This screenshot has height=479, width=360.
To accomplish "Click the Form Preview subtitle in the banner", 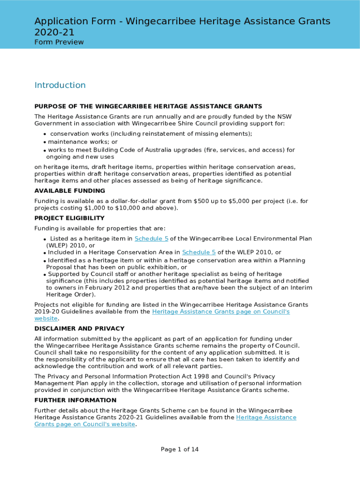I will tap(59, 42).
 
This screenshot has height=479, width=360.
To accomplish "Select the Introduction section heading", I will tap(60, 85).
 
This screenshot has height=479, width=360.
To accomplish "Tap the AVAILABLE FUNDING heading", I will tap(70, 191).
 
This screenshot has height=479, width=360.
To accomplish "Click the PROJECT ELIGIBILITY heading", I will tap(69, 218).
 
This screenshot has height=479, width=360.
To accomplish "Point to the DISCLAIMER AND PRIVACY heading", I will tap(79, 328).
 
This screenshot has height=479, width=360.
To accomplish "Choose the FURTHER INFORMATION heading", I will tap(75, 400).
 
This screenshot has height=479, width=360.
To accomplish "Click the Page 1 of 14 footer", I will tap(180, 450).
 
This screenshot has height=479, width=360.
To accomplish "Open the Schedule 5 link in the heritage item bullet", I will tap(151, 239).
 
